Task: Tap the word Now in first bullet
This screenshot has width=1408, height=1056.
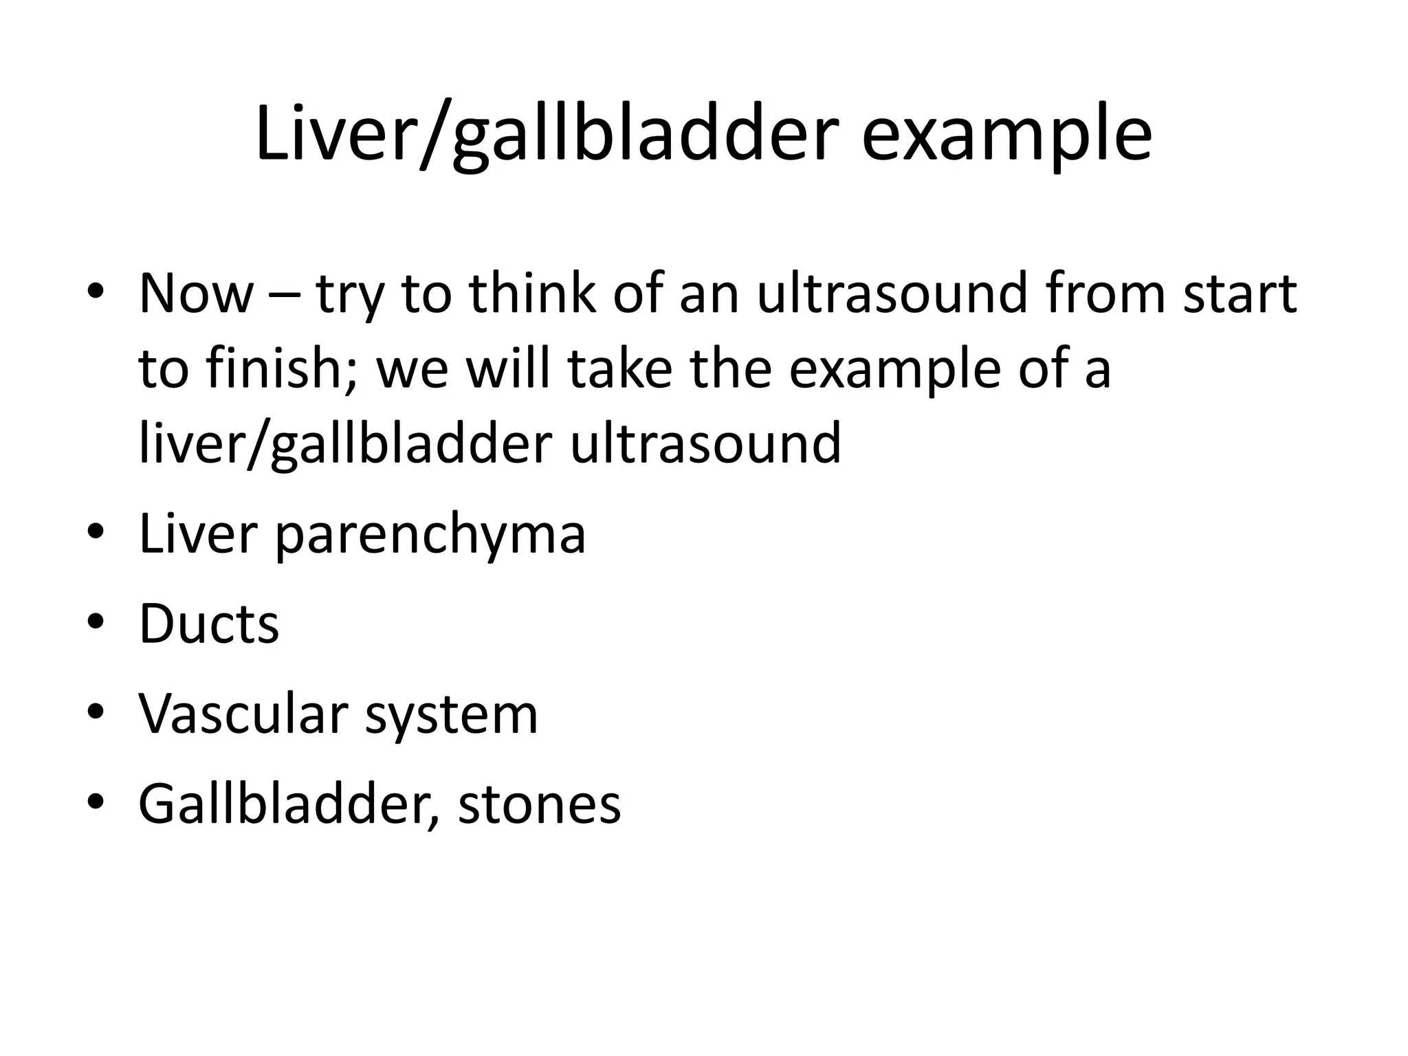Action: tap(196, 294)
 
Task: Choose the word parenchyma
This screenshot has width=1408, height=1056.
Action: tap(430, 534)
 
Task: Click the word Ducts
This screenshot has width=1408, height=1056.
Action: tap(209, 624)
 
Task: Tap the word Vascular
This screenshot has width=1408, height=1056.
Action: tap(243, 714)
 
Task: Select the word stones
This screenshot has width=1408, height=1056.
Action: tap(539, 804)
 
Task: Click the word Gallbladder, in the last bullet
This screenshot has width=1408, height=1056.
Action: tap(289, 804)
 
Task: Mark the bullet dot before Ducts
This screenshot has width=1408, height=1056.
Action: tap(96, 622)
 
